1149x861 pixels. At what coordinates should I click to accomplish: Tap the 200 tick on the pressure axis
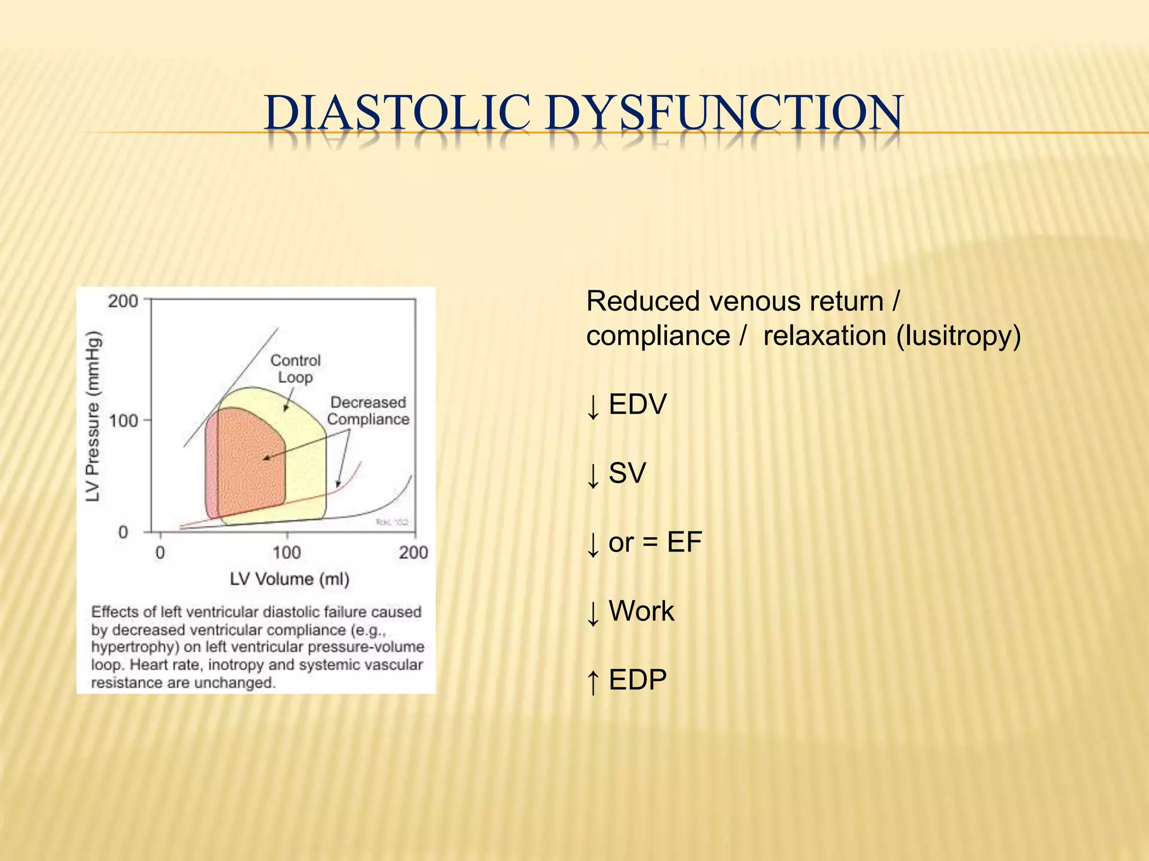pyautogui.click(x=123, y=301)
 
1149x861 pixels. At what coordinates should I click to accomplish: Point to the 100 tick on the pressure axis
pyautogui.click(x=123, y=420)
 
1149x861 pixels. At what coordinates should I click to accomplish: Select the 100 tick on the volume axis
pyautogui.click(x=287, y=553)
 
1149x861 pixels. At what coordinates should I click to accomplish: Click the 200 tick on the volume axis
pyautogui.click(x=413, y=553)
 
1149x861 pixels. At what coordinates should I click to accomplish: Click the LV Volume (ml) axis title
pyautogui.click(x=289, y=578)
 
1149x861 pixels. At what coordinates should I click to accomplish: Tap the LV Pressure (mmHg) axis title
pyautogui.click(x=93, y=416)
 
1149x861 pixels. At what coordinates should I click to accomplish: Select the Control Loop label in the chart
pyautogui.click(x=296, y=368)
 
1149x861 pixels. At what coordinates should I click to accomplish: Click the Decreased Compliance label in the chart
pyautogui.click(x=368, y=410)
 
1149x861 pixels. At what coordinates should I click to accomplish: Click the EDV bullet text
pyautogui.click(x=637, y=404)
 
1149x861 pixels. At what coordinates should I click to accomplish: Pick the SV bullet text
pyautogui.click(x=627, y=473)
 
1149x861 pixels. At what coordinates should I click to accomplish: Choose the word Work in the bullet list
pyautogui.click(x=641, y=611)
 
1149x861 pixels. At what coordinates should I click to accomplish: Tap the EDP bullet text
pyautogui.click(x=637, y=680)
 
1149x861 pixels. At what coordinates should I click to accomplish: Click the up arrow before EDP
pyautogui.click(x=593, y=681)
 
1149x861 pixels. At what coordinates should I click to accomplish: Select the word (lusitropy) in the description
pyautogui.click(x=958, y=336)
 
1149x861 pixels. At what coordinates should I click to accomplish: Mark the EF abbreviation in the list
pyautogui.click(x=684, y=542)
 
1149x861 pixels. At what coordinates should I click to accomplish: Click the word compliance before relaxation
pyautogui.click(x=658, y=336)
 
